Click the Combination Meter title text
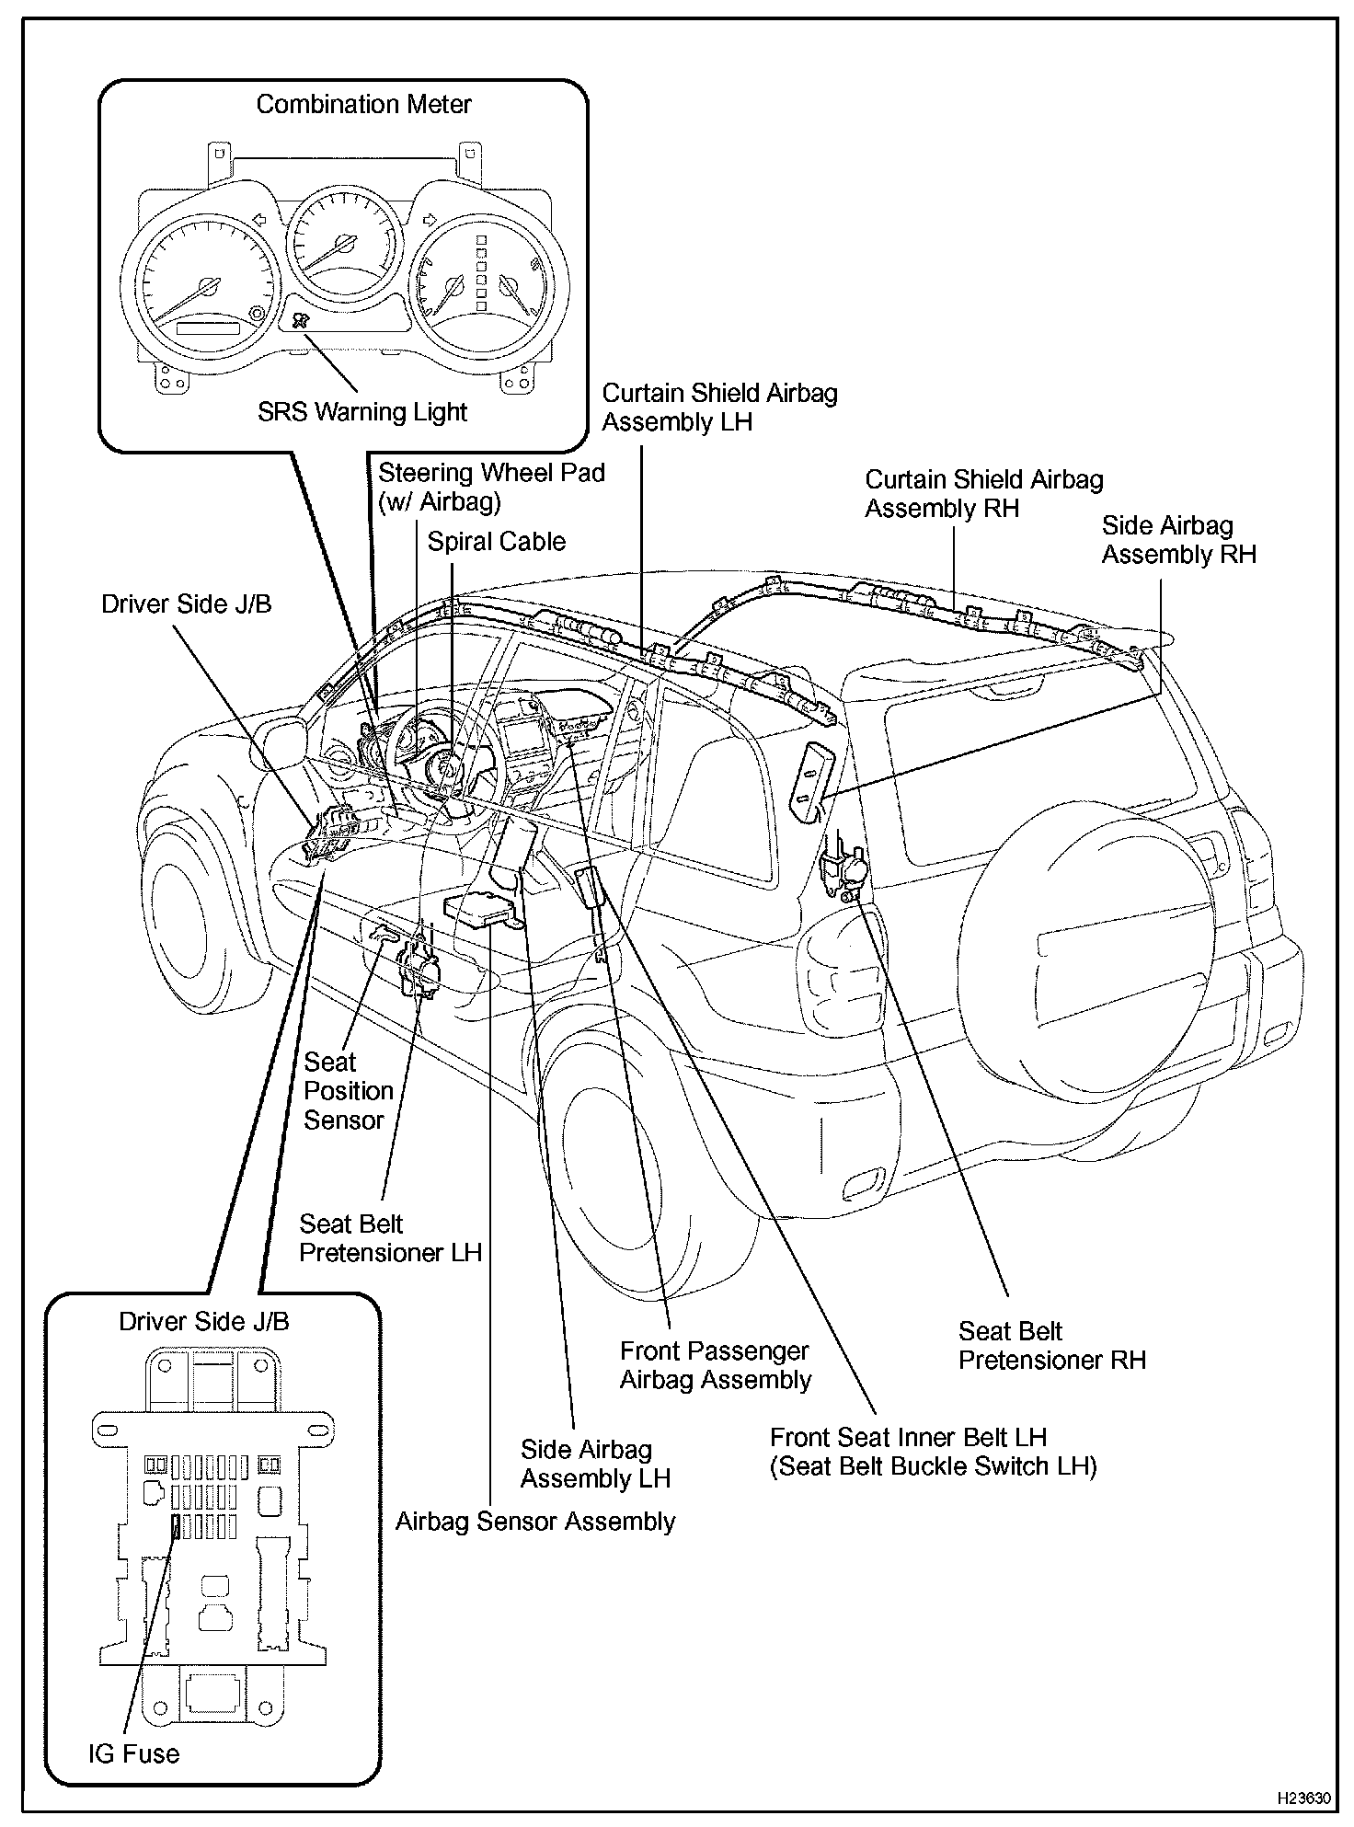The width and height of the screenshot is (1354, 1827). (363, 105)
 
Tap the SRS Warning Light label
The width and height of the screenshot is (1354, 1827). (362, 411)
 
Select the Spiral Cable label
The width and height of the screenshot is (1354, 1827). (496, 541)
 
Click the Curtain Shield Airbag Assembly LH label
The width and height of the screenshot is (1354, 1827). (719, 408)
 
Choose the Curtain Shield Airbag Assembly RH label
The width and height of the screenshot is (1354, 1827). (983, 493)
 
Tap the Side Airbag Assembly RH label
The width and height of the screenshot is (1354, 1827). (1178, 540)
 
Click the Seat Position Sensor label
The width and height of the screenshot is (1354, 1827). (348, 1090)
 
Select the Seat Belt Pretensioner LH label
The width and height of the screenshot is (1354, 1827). (390, 1238)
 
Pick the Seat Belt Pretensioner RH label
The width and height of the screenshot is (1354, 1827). (1051, 1345)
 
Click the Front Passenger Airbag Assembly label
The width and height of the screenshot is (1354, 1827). (715, 1365)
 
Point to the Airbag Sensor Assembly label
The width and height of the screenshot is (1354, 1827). (534, 1522)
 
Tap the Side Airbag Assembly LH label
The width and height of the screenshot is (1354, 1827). (595, 1464)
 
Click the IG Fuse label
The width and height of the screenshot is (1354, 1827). (133, 1753)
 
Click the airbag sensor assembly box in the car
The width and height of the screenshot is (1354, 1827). (479, 909)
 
